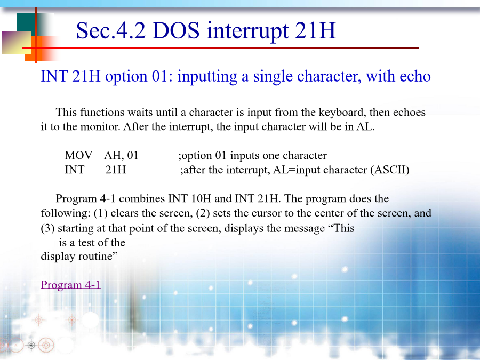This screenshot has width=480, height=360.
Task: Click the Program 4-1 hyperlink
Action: click(71, 285)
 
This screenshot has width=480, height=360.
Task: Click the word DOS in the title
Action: click(176, 30)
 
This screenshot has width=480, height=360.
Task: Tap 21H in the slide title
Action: click(315, 30)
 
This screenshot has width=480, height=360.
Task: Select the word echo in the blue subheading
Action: click(415, 76)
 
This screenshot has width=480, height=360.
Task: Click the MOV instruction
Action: click(78, 155)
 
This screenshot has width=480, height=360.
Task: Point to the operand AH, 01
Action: click(121, 156)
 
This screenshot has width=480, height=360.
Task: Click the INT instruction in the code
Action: click(74, 170)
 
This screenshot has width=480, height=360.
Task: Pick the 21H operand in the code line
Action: click(116, 170)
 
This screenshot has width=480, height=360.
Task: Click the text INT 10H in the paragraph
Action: click(190, 198)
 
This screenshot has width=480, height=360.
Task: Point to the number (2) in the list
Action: click(203, 213)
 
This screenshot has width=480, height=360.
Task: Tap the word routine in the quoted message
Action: click(98, 256)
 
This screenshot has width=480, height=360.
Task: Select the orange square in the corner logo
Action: click(38, 50)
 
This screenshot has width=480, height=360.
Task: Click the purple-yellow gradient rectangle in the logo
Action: click(17, 43)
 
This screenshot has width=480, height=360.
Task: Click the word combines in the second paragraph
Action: click(142, 198)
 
